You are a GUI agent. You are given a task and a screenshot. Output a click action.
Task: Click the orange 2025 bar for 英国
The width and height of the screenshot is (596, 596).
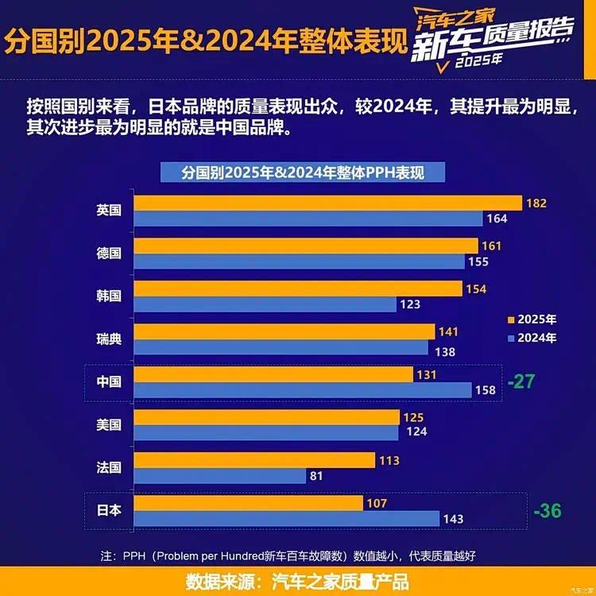[x=327, y=203]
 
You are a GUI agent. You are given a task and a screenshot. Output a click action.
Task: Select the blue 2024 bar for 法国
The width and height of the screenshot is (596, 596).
[x=219, y=476]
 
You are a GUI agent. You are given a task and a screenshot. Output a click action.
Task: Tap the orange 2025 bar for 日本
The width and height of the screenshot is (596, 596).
[x=248, y=503]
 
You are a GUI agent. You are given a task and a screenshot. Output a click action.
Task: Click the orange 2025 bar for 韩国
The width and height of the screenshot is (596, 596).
[x=297, y=288]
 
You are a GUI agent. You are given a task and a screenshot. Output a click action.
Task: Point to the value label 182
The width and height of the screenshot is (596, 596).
[x=536, y=203]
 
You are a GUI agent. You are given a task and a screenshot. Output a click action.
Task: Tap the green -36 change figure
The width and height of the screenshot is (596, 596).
[x=548, y=510]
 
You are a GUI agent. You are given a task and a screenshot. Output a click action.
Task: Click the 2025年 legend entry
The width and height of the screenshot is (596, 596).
[x=532, y=319]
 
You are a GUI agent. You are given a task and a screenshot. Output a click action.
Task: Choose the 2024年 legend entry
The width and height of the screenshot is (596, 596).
[x=532, y=338]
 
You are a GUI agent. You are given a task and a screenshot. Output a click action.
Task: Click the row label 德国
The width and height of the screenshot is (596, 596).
[x=109, y=253]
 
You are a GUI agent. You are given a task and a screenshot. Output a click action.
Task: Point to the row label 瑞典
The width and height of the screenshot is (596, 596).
[x=109, y=339]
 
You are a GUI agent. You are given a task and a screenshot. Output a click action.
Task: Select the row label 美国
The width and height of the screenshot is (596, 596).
[x=109, y=425]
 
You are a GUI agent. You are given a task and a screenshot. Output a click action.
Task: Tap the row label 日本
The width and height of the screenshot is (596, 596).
[x=109, y=510]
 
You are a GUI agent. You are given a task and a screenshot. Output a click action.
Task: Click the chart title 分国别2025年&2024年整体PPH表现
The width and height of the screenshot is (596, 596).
[x=303, y=171]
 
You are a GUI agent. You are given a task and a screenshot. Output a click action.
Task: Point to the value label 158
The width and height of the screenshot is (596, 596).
[x=485, y=389]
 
